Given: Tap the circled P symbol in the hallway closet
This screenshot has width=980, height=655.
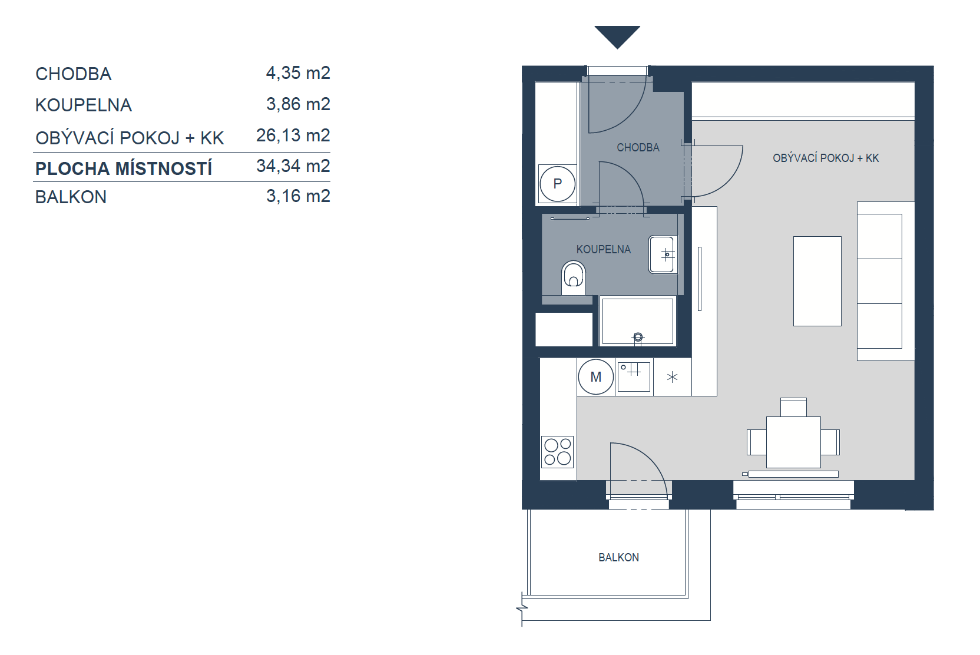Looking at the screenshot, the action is tap(557, 184).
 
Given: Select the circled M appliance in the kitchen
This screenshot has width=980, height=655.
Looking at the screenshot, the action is tap(595, 377).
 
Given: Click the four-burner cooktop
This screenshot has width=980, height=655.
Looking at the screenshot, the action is tap(557, 452).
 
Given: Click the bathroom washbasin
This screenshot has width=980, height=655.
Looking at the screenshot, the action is tap(663, 254).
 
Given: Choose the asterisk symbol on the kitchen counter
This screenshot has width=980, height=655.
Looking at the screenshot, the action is tap(672, 377).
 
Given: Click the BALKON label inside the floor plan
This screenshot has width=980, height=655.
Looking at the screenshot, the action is tap(618, 557).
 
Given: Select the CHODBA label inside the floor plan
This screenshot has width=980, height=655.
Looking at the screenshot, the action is tap(638, 147).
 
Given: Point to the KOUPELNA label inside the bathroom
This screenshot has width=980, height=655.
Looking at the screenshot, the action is tap(603, 249).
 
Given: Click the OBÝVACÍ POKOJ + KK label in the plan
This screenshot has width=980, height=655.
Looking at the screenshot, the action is tap(826, 158).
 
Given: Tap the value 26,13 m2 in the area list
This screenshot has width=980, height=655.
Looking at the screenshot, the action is tap(293, 135).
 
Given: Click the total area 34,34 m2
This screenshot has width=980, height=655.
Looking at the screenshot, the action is tap(293, 166).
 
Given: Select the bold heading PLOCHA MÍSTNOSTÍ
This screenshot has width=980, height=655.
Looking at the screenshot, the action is tap(124, 168).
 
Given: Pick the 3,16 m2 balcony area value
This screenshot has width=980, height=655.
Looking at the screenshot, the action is tap(298, 196).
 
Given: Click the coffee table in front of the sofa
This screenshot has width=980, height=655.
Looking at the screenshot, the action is tap(817, 282).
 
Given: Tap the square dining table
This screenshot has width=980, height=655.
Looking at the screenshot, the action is tap(794, 442).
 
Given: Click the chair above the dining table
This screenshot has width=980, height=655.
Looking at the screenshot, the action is tap(794, 407).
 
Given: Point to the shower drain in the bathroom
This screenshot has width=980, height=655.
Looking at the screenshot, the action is tap(638, 337).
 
